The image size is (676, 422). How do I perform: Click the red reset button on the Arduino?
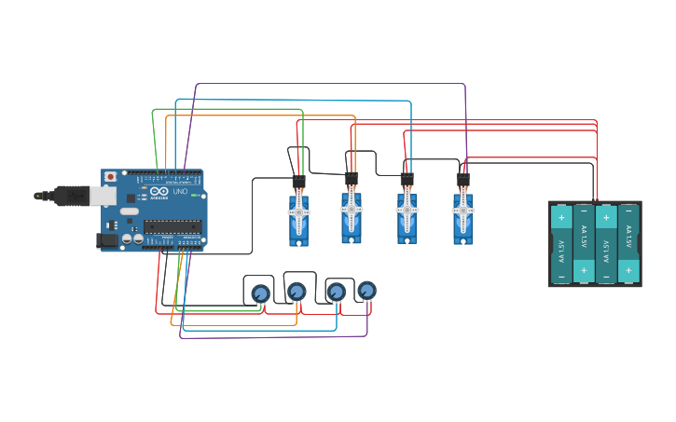(x=110, y=176)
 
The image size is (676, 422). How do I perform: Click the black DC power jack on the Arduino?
(x=108, y=240)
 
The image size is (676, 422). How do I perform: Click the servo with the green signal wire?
(x=298, y=218)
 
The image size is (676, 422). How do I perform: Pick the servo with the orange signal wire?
(x=352, y=216)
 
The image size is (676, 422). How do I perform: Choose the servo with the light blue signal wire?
(x=407, y=216)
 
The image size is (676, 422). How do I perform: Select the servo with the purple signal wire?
(x=462, y=216)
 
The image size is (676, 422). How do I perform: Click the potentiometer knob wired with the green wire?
(x=260, y=293)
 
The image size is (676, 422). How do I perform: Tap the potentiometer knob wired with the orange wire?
(x=297, y=292)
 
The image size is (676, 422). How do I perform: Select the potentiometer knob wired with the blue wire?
(x=336, y=292)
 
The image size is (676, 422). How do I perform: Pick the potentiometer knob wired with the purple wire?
(x=367, y=291)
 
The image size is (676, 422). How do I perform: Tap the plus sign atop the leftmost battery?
(x=561, y=217)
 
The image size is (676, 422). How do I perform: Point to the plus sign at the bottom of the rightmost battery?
(x=628, y=270)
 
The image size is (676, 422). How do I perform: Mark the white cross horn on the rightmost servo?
(x=462, y=211)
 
